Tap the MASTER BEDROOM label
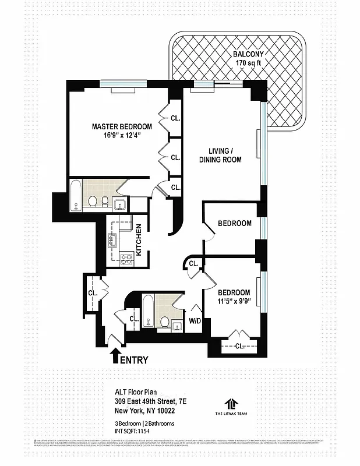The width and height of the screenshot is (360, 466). click(122, 126)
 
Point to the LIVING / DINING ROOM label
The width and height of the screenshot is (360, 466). click(220, 155)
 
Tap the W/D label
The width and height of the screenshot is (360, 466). click(194, 320)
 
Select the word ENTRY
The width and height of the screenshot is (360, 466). click(134, 360)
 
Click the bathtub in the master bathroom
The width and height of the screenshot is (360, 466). click(76, 196)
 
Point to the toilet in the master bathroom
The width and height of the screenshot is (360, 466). click(93, 201)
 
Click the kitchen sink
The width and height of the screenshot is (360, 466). click(113, 239)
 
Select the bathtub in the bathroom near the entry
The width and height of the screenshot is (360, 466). click(149, 313)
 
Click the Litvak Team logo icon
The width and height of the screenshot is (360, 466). click(231, 403)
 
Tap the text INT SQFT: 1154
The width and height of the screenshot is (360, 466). click(136, 432)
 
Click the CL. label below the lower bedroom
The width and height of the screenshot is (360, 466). click(239, 346)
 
